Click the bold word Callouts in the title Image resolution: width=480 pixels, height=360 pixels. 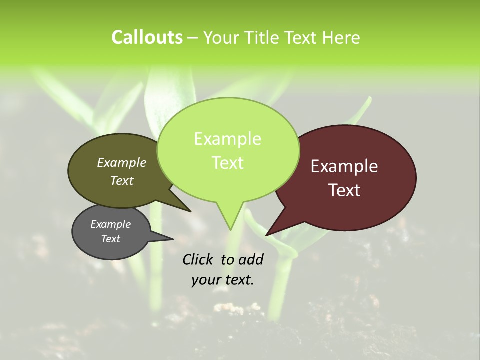coord(147,37)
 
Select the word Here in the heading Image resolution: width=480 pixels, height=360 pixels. coord(341,37)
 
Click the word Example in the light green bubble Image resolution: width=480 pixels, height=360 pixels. coord(227,139)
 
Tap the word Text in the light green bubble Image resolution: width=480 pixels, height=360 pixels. coord(227,163)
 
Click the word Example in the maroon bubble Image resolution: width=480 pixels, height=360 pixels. coord(344,166)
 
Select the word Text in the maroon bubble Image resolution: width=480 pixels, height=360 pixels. coord(344,190)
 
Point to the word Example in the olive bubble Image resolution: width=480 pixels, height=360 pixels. coord(122,162)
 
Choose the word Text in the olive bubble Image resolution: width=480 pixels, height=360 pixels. coord(122,180)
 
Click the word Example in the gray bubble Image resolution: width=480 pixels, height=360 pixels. coord(110,224)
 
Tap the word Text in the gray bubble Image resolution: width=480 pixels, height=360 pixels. coord(110,239)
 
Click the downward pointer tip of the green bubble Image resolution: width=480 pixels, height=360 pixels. coord(230,229)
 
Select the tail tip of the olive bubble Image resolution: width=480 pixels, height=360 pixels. coord(190,211)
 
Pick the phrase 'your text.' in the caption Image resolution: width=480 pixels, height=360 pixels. coord(223,280)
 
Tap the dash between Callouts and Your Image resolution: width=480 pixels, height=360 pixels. coord(193,38)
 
